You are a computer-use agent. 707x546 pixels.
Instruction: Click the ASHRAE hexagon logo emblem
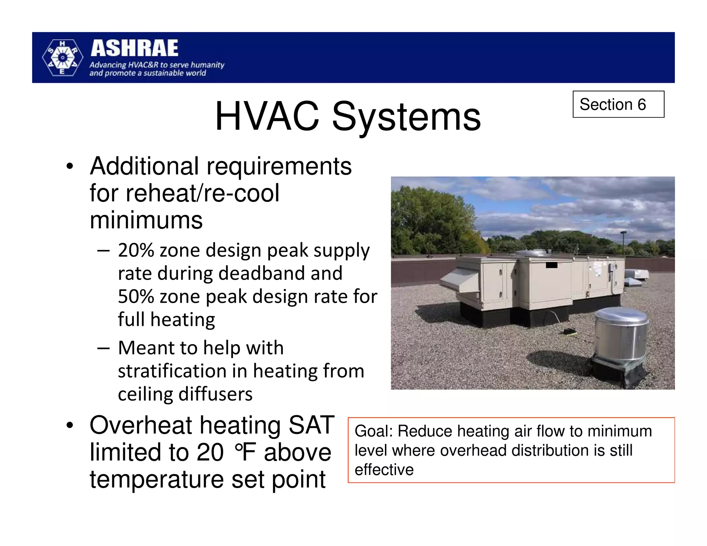click(x=62, y=58)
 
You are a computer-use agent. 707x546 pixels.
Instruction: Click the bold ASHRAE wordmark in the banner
click(x=134, y=48)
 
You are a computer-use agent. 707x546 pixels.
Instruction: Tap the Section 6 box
click(x=618, y=104)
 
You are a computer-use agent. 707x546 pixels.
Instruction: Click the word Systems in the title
click(x=406, y=116)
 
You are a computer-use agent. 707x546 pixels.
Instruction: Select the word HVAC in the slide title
click(x=267, y=116)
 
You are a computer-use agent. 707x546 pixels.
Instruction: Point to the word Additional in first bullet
click(x=144, y=166)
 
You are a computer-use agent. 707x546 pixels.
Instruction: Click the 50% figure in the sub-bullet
click(x=136, y=296)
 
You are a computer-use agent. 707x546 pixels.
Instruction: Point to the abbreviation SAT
click(x=311, y=425)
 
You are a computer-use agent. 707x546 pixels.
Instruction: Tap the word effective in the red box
click(x=384, y=470)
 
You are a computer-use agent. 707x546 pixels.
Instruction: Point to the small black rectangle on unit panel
click(x=551, y=265)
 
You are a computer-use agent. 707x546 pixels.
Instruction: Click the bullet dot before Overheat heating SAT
click(x=70, y=426)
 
